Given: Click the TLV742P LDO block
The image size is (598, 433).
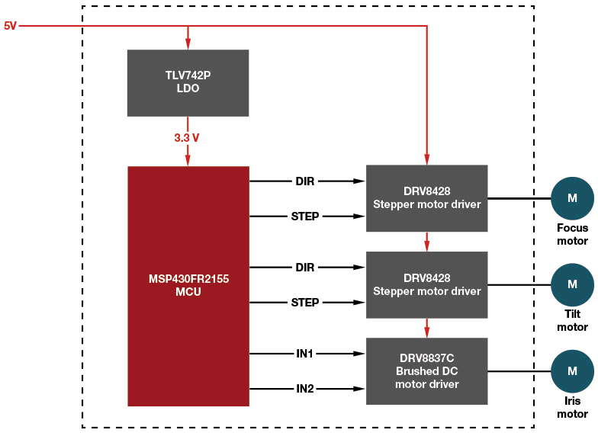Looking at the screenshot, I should pos(188,82).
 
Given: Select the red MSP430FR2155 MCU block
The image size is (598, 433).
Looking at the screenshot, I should pos(188,285).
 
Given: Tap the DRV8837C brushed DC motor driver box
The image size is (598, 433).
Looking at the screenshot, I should pos(426,370).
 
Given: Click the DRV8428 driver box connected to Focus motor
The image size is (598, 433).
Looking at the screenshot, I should pos(426,197).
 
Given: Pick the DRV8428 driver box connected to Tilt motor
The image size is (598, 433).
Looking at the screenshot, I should pos(426,284).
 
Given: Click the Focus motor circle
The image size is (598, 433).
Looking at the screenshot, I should pos(572,198).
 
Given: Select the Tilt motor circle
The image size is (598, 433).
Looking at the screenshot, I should pos(572,284).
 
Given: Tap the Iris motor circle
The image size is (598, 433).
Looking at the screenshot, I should pos(572,370).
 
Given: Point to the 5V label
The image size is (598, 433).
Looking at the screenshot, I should pos(10,26).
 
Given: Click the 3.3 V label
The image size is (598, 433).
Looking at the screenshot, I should pos(187,138).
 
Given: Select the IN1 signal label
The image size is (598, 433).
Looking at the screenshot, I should pos(305,354).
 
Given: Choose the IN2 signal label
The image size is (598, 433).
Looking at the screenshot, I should pos(305,389).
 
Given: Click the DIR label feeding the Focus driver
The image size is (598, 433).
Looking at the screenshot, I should pos(305,181).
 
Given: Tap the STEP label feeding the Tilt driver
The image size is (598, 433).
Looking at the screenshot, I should pos(305,303).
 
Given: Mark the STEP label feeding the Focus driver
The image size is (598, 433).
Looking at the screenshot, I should pos(305,216).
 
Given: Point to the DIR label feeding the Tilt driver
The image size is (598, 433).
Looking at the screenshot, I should pos(305,268).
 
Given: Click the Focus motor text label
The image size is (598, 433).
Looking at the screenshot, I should pos(572,234).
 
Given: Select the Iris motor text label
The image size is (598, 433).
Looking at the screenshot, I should pos(572,407).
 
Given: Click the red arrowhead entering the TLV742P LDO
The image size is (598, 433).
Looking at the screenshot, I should pos(188,44).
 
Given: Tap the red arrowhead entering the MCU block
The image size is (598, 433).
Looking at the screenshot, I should pos(188,161).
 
